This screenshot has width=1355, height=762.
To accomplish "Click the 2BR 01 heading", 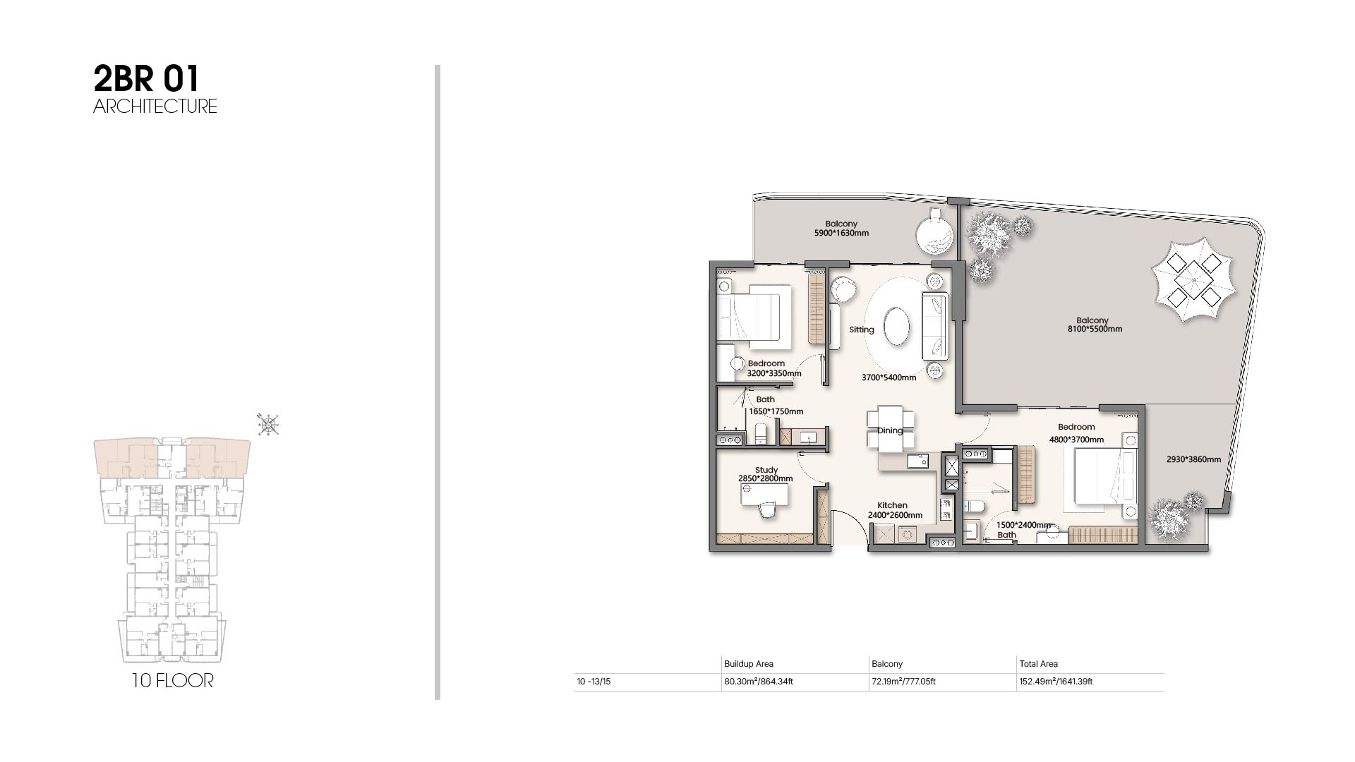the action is [x=147, y=79].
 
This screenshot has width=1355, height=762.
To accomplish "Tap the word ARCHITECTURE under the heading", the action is [x=155, y=107].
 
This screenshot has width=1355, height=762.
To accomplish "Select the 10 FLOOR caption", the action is [x=172, y=681].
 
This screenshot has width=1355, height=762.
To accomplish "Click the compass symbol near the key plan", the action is [x=268, y=424].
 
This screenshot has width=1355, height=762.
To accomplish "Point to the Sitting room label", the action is [x=861, y=329].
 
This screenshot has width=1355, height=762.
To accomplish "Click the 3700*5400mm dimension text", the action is [x=889, y=377].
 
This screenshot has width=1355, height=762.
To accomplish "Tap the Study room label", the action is [x=766, y=470].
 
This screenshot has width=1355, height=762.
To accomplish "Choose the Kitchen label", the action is [x=892, y=505].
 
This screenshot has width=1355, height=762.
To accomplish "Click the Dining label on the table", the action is [x=890, y=430].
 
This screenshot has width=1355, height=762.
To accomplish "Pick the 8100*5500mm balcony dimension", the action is [x=1095, y=329].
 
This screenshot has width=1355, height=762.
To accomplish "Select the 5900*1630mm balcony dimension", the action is [x=841, y=233].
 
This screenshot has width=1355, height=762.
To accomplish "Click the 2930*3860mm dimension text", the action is [x=1193, y=459].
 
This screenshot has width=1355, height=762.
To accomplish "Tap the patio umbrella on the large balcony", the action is [x=1193, y=279].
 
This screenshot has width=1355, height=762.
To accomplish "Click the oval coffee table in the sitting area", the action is [x=897, y=325].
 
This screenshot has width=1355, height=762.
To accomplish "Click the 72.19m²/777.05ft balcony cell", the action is [x=904, y=682].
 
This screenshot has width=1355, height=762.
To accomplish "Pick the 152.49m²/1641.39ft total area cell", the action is [x=1056, y=682].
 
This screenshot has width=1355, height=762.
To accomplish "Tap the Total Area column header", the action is [x=1038, y=664].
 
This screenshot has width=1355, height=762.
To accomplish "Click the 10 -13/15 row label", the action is [x=594, y=682].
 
